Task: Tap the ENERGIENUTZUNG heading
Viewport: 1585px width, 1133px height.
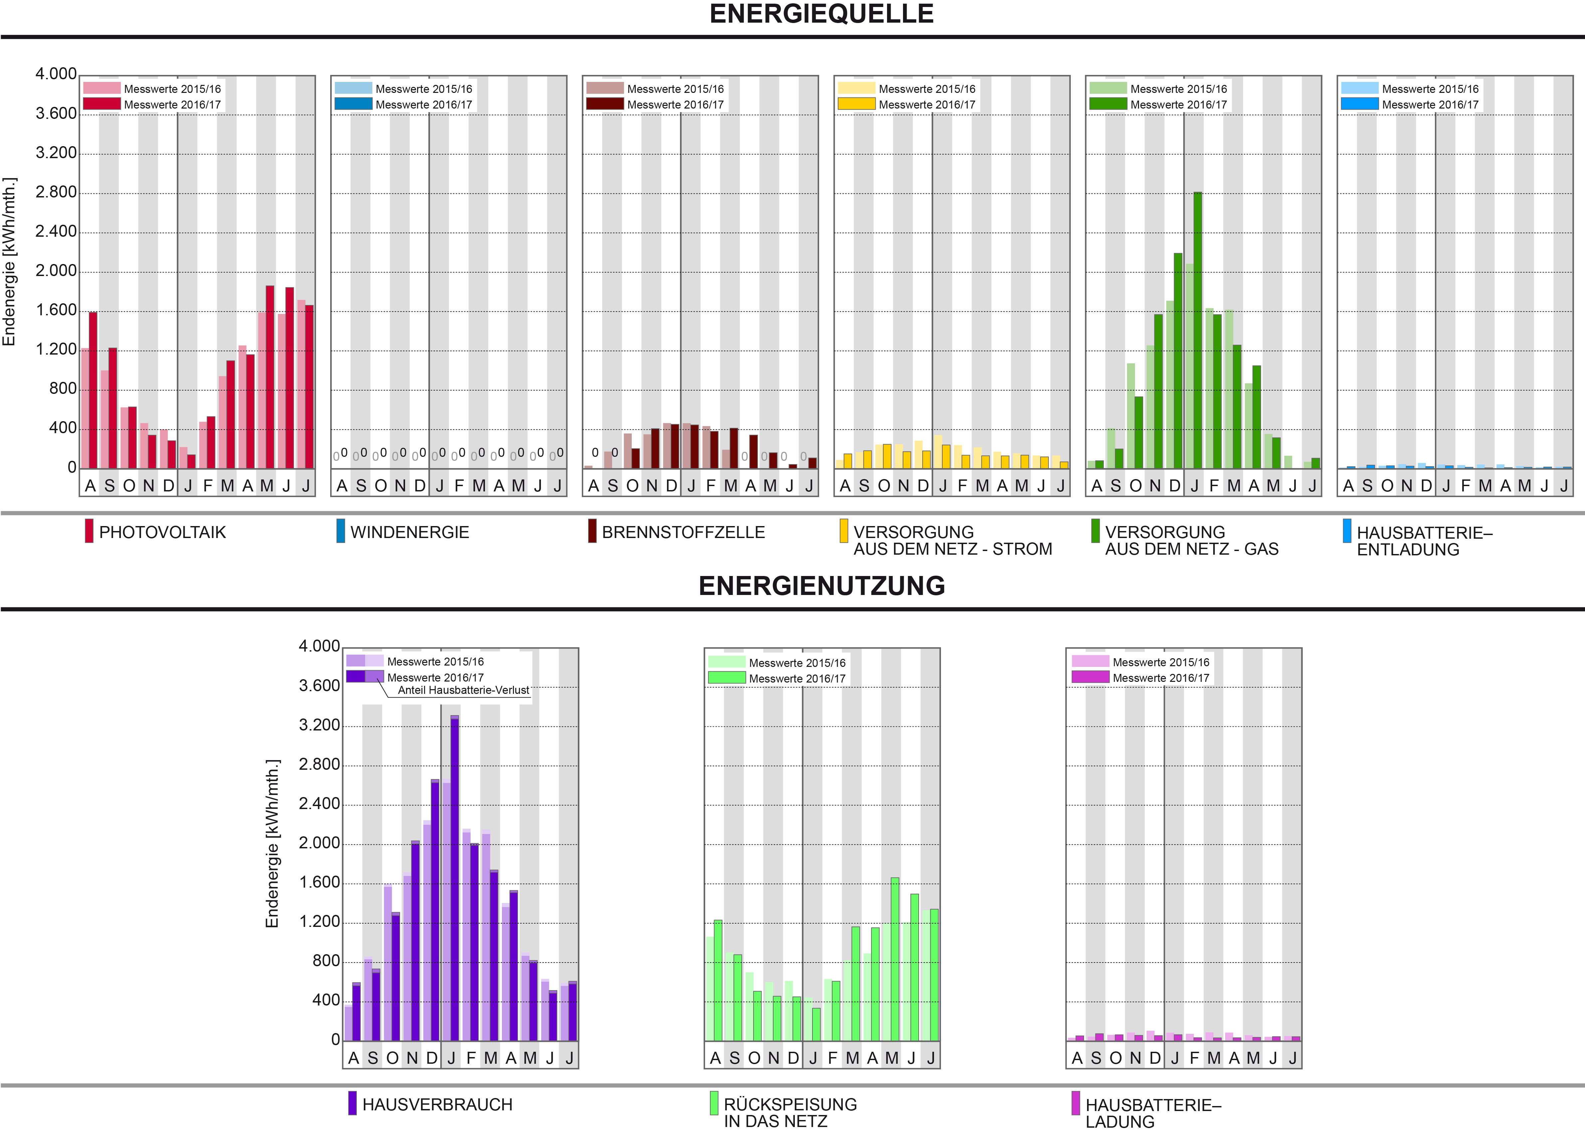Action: coord(821,586)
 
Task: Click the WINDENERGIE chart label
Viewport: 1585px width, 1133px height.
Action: coord(409,532)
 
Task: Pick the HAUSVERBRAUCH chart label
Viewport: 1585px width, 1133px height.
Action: coord(437,1104)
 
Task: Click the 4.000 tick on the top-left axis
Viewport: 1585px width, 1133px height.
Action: coord(56,74)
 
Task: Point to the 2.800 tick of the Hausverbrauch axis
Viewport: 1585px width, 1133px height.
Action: coord(320,765)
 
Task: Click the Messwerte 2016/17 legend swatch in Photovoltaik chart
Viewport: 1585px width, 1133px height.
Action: coord(102,104)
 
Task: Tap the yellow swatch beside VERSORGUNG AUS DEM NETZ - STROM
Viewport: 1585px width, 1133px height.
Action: coord(844,531)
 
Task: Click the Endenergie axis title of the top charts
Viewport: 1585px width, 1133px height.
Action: coord(9,262)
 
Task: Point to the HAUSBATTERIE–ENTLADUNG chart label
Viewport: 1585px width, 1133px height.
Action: coord(1424,541)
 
